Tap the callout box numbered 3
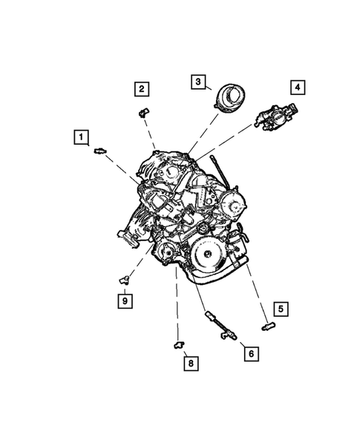197,82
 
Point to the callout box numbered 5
279,308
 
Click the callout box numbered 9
125,300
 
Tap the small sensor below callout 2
141,112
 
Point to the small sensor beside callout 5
268,324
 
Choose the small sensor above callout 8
178,343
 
